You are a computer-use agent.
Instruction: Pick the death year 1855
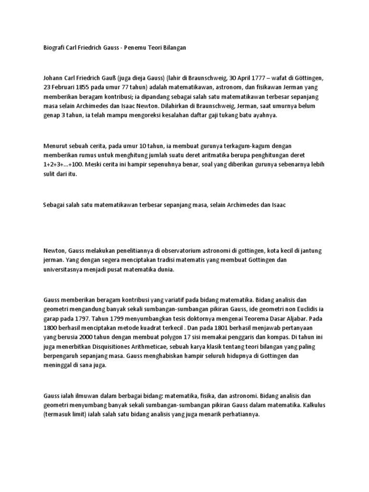[90, 87]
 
